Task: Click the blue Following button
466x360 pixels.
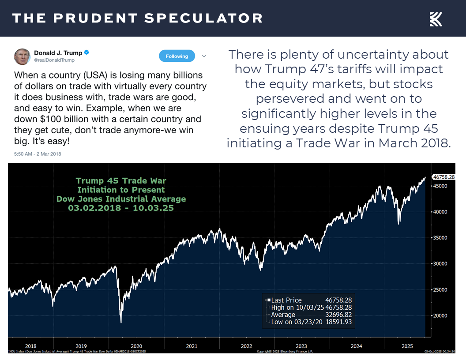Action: (x=177, y=56)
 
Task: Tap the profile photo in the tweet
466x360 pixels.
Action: (x=22, y=56)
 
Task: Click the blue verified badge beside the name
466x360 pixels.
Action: (x=87, y=53)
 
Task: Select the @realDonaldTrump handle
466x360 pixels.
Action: (x=54, y=60)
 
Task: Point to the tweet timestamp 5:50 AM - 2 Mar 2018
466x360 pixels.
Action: (x=38, y=154)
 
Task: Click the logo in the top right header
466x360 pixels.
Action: (x=436, y=19)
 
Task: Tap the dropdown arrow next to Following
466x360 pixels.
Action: (x=204, y=56)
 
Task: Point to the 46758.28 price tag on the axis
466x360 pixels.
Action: (x=443, y=177)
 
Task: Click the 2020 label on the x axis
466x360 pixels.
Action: (x=136, y=346)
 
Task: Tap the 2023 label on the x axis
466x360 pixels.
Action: (x=301, y=346)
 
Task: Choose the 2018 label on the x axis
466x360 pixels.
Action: (x=31, y=346)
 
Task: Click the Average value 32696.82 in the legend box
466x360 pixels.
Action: (x=338, y=315)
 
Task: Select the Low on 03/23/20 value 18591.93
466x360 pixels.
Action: (x=338, y=322)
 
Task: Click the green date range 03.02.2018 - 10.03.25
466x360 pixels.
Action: (x=121, y=208)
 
